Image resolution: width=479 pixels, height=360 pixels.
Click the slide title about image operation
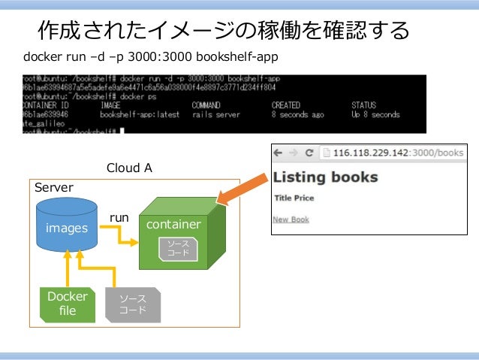click(224, 31)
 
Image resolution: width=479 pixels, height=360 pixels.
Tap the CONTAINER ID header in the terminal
click(46, 105)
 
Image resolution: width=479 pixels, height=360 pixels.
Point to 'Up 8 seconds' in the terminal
click(375, 115)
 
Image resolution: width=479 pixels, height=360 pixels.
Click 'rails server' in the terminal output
click(216, 115)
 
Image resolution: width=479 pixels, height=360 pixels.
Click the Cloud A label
click(129, 168)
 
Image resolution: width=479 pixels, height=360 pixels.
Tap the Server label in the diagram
click(54, 187)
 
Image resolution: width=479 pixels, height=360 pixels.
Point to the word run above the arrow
click(120, 218)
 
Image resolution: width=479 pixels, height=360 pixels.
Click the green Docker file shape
click(67, 304)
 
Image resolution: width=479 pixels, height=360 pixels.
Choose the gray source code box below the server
click(133, 304)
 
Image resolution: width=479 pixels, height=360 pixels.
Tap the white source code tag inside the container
click(178, 249)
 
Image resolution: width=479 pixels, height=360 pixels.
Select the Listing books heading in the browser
click(325, 178)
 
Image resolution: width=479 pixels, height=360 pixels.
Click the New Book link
click(291, 219)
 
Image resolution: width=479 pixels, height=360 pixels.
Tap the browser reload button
click(308, 153)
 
